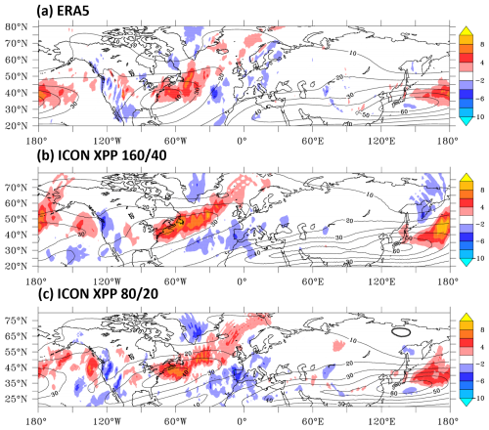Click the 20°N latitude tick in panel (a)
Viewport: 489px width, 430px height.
coord(17,126)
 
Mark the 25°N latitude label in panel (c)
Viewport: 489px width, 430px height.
coord(17,399)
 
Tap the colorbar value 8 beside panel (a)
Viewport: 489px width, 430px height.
coord(472,44)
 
